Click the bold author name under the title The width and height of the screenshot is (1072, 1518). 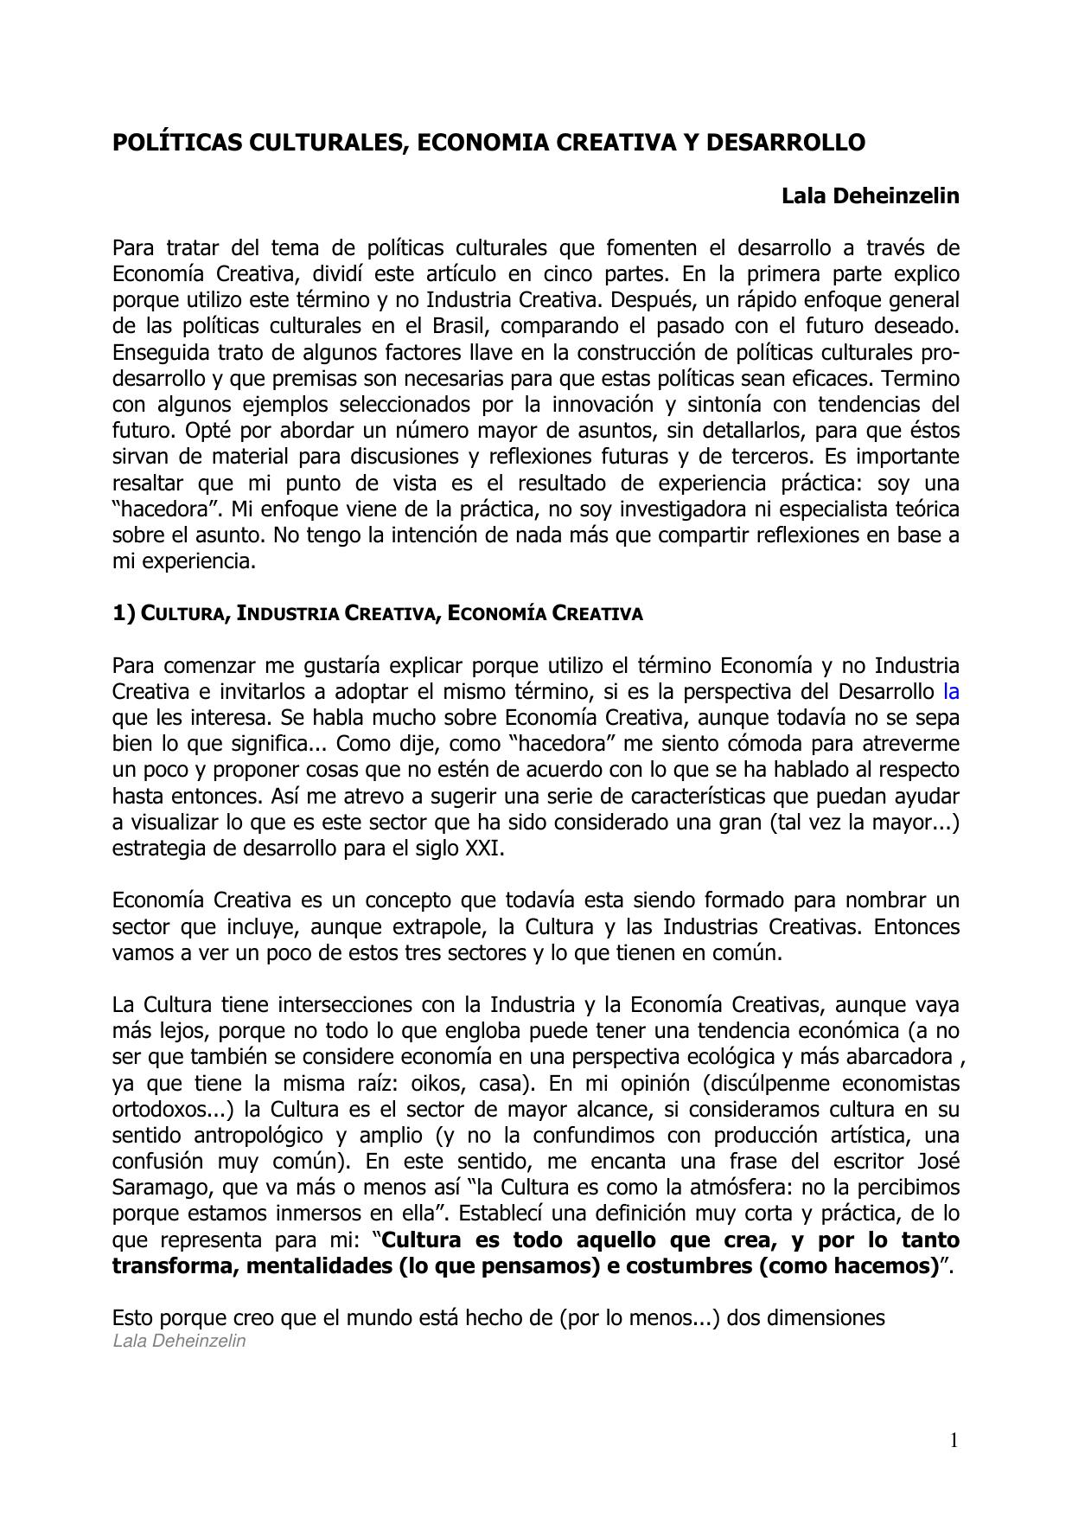click(x=870, y=196)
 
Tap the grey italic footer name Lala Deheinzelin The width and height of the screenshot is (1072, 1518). click(x=179, y=1341)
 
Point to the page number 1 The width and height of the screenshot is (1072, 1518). click(x=954, y=1440)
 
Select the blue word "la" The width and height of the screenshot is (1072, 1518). click(x=951, y=692)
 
